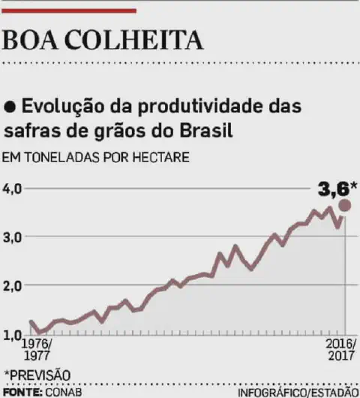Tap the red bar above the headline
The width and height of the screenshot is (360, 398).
tap(70, 11)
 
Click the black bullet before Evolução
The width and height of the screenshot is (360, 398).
tap(10, 106)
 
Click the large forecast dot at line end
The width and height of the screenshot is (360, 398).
tap(344, 206)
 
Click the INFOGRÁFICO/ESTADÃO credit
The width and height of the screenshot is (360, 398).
tap(297, 392)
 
